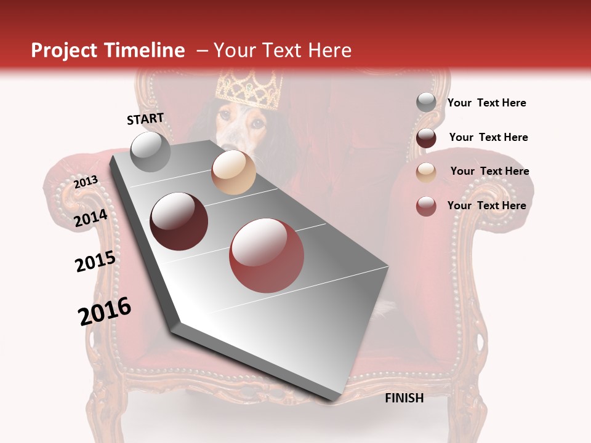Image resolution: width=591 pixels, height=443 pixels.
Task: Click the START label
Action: click(145, 119)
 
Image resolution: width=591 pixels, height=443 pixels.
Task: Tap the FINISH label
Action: click(404, 398)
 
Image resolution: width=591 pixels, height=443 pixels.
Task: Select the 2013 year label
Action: click(86, 182)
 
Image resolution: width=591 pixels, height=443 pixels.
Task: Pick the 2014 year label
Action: click(91, 218)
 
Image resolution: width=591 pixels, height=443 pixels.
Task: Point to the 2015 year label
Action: click(95, 261)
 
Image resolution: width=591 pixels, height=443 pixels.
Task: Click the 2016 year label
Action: click(105, 311)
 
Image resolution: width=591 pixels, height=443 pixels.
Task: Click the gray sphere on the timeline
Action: click(151, 151)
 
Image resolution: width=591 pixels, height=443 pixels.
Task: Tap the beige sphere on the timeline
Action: click(233, 172)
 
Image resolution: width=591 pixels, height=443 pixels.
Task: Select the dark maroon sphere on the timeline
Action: click(179, 221)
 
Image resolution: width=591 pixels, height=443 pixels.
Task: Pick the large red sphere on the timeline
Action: click(267, 255)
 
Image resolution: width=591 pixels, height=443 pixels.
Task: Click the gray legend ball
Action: click(426, 103)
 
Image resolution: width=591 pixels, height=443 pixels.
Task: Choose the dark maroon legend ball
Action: click(426, 138)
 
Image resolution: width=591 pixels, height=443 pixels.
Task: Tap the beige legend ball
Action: click(426, 172)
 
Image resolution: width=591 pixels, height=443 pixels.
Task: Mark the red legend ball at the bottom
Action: click(426, 206)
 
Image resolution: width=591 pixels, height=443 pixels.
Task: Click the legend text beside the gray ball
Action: click(486, 103)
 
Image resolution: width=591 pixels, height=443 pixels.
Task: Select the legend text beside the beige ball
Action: click(489, 171)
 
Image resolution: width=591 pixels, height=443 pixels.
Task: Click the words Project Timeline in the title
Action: click(108, 50)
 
